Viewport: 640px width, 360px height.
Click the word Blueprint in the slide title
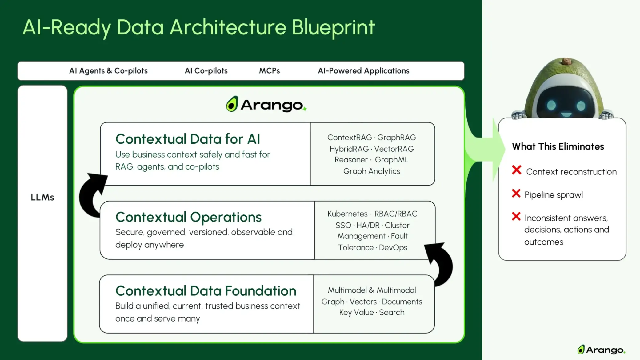tap(333, 28)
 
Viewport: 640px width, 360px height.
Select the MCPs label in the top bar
tap(269, 71)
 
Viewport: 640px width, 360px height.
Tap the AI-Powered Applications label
tap(363, 71)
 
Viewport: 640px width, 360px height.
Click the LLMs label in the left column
tap(42, 197)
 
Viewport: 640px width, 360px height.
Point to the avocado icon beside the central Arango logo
tap(232, 104)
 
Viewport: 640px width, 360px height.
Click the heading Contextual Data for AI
tap(188, 139)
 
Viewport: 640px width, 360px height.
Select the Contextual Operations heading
tap(188, 217)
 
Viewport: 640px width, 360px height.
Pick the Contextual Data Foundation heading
tap(206, 291)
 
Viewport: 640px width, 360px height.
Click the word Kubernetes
tap(347, 214)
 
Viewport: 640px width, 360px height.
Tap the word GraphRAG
tap(397, 138)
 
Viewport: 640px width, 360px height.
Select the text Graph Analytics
tap(372, 171)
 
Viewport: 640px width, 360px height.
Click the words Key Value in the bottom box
tap(356, 313)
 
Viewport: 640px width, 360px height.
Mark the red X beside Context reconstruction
tap(517, 170)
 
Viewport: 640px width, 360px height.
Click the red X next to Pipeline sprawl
tap(516, 194)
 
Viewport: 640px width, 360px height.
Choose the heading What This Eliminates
tap(558, 146)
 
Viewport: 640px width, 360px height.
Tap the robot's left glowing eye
tap(551, 106)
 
